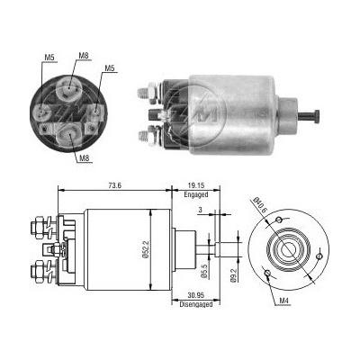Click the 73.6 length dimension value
click(x=115, y=185)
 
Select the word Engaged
click(x=196, y=194)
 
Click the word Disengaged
click(x=196, y=304)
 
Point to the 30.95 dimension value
click(x=196, y=295)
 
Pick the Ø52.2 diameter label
click(x=145, y=250)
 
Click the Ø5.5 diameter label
click(x=203, y=272)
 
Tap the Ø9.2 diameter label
click(x=233, y=274)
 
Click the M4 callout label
click(x=283, y=301)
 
